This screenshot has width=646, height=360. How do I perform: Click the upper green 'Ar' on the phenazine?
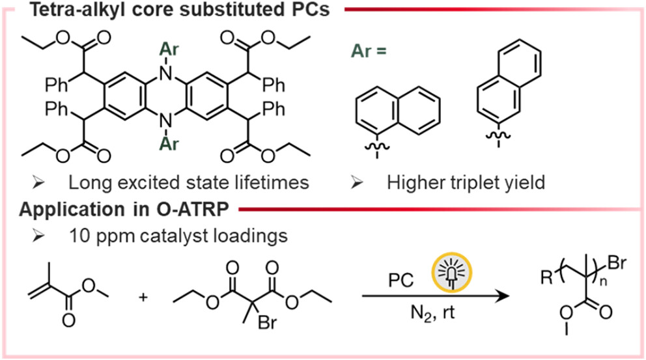click(167, 48)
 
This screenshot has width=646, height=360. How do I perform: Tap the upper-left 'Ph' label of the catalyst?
click(57, 84)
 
